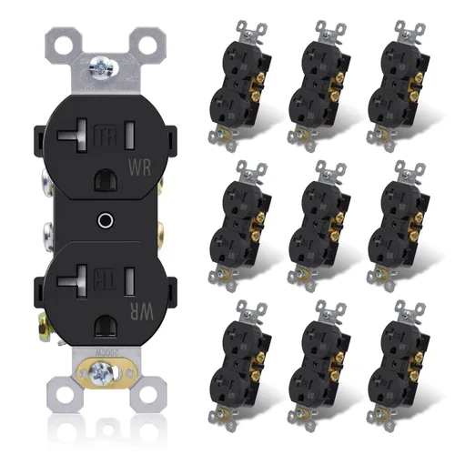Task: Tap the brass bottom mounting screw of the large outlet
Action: click(x=97, y=370)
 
